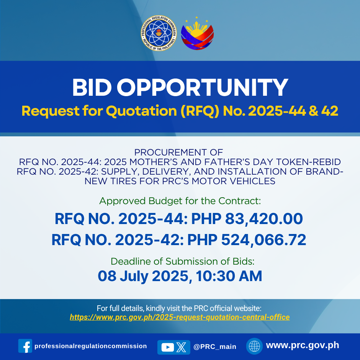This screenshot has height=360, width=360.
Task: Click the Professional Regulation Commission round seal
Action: [x=159, y=33]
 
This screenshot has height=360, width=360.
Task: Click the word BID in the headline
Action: [x=92, y=87]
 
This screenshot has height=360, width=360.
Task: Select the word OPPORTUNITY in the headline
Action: [x=203, y=87]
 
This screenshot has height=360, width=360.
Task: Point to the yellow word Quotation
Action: [x=141, y=111]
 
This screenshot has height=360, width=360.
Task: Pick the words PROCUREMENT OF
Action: [x=178, y=152]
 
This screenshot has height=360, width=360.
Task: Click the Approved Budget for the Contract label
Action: [x=180, y=201]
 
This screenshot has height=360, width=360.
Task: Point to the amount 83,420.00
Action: [x=264, y=219]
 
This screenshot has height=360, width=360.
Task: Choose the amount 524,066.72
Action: [x=263, y=240]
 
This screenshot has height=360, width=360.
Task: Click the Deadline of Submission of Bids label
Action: [x=183, y=261]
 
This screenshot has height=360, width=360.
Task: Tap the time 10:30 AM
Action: [x=229, y=276]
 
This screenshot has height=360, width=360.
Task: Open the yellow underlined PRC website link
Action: [x=180, y=317]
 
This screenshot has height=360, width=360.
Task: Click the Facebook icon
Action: [x=25, y=346]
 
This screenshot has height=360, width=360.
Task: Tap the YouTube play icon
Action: [x=168, y=347]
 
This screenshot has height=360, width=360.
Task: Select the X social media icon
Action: [x=182, y=347]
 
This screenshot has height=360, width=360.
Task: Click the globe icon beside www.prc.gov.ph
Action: [x=254, y=346]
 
